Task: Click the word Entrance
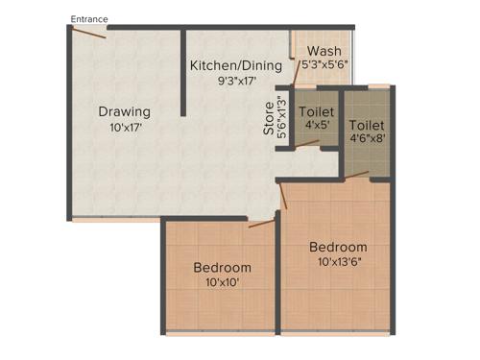pyautogui.click(x=89, y=18)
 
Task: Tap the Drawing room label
pyautogui.click(x=125, y=112)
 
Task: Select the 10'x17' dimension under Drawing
pyautogui.click(x=125, y=127)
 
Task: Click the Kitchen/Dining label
pyautogui.click(x=236, y=66)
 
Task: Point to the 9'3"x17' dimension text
pyautogui.click(x=236, y=81)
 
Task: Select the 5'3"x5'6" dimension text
pyautogui.click(x=323, y=66)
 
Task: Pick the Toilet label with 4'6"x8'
pyautogui.click(x=367, y=126)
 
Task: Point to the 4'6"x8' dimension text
pyautogui.click(x=368, y=140)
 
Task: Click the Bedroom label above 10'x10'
pyautogui.click(x=222, y=267)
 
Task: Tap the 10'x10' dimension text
pyautogui.click(x=222, y=282)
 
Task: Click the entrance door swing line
pyautogui.click(x=88, y=33)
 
